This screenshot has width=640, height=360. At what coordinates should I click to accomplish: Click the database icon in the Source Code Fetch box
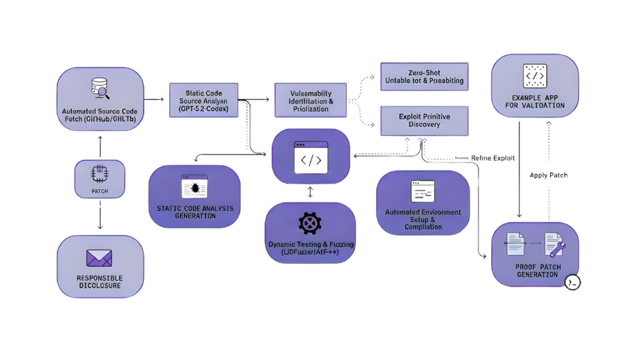coord(100,87)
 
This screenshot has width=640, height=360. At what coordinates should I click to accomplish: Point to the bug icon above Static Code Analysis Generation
coord(194,187)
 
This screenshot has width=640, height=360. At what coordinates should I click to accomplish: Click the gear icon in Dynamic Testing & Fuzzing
coord(310,224)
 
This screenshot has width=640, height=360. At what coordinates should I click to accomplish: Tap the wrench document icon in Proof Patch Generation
coord(553,246)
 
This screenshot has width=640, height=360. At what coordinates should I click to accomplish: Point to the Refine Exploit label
coord(494,159)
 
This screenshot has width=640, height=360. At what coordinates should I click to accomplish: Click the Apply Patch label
coord(548,176)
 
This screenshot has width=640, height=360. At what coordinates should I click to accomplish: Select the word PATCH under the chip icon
coord(100,191)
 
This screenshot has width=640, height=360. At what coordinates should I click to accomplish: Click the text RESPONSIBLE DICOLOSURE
coord(99,282)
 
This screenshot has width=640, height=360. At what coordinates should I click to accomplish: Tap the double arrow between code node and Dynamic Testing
coord(311,192)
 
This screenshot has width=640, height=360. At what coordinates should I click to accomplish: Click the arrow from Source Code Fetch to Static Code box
coord(156,100)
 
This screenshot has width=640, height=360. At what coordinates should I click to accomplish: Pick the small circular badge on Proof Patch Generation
coord(573,282)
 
